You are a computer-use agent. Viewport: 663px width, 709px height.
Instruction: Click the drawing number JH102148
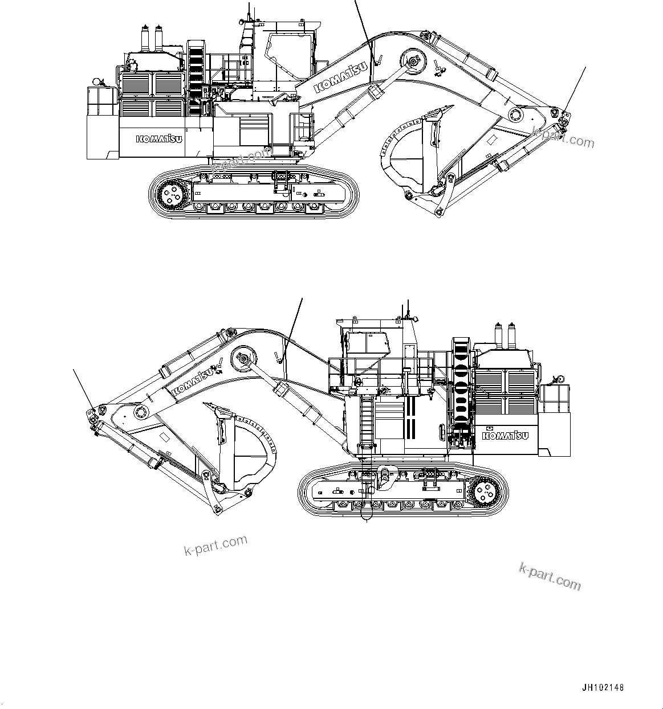603,687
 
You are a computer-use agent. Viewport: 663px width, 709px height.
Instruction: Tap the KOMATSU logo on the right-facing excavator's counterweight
159,139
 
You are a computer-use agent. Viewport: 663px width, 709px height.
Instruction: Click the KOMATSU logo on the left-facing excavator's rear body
505,436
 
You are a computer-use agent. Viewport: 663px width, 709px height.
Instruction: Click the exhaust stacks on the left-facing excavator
505,337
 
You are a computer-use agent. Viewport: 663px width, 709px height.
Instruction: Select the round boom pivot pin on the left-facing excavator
242,360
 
